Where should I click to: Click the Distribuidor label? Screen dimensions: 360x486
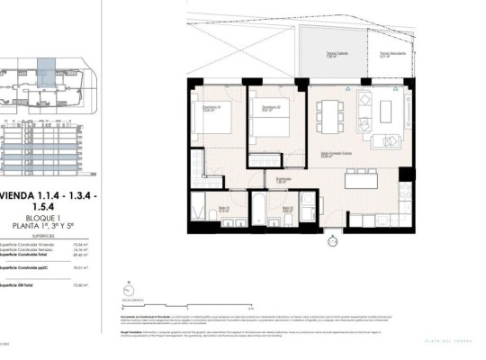tap(283, 179)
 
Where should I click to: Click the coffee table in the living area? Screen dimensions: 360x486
tap(387, 112)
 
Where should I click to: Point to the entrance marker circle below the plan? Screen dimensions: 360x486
tap(332, 241)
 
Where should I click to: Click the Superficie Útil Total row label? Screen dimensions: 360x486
tap(27, 283)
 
